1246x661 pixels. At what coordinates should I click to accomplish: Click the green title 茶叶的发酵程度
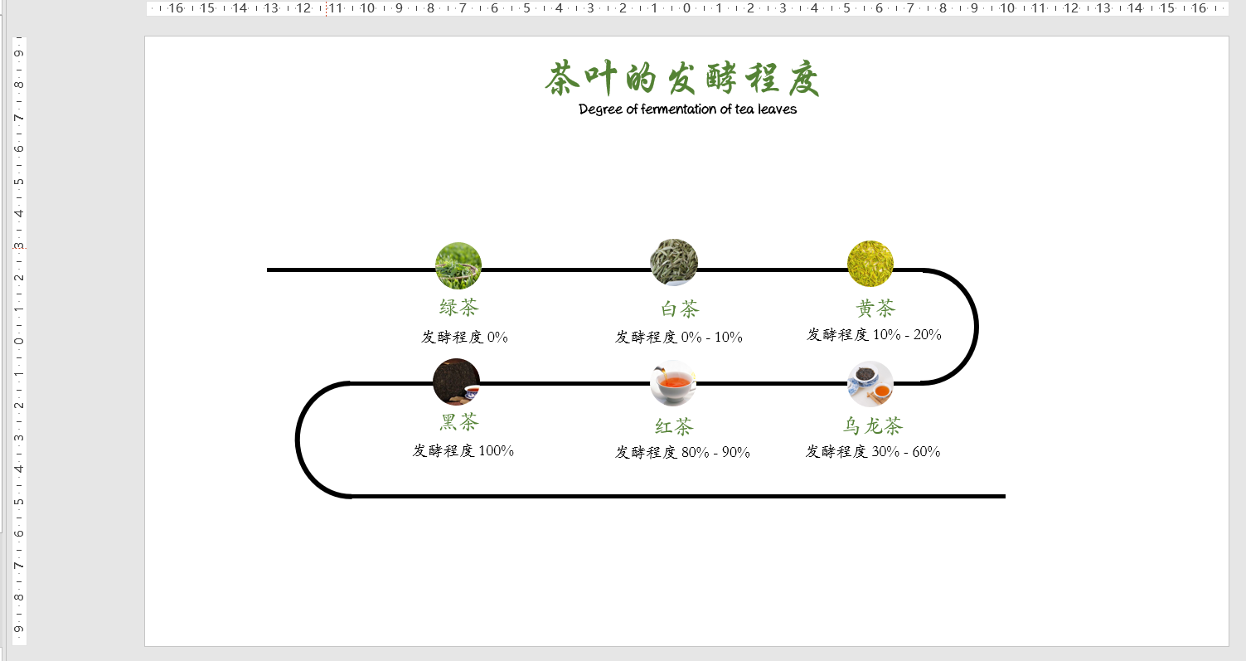pos(682,80)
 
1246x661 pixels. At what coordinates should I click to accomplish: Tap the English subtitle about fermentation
pos(687,109)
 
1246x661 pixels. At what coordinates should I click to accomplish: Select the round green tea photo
pos(458,265)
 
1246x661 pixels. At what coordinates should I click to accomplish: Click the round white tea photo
pos(674,262)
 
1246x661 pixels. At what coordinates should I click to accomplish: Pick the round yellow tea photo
pos(870,263)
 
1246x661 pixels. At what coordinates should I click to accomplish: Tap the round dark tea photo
pos(456,382)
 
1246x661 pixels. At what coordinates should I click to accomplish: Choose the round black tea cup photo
pos(673,382)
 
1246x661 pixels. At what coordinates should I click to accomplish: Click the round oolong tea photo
pos(870,383)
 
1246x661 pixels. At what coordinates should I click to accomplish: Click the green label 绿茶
pos(459,308)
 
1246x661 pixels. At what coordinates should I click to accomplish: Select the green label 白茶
pos(680,309)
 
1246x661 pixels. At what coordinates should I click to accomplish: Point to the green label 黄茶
pos(875,309)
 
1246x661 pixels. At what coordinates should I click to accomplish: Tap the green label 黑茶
pos(459,422)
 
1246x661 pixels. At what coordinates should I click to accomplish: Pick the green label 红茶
pos(674,427)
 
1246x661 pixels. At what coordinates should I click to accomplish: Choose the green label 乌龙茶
pos(873,426)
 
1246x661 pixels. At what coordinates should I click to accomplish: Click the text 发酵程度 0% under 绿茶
pos(464,337)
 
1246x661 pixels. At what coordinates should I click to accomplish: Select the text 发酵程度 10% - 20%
pos(874,334)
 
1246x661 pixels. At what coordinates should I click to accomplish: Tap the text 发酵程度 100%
pos(463,450)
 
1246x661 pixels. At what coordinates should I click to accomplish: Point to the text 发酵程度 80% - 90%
pos(682,452)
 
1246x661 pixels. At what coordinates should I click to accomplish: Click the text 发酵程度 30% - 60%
pos(873,451)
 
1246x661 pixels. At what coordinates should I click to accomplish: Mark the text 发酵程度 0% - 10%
pos(679,337)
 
